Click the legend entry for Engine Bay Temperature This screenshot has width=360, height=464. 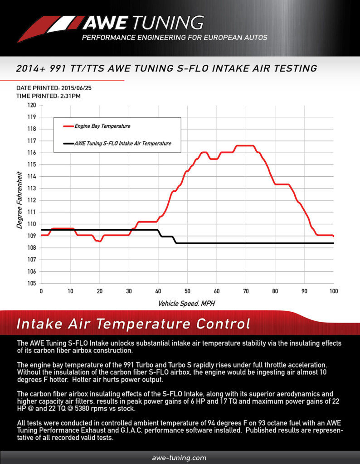coord(97,126)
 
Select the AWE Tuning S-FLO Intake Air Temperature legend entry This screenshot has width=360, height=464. coord(117,144)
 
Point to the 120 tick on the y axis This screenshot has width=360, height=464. coord(32,105)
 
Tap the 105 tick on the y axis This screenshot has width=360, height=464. coord(32,284)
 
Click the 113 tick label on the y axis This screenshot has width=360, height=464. coord(32,188)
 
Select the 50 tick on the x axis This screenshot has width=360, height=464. coord(187,291)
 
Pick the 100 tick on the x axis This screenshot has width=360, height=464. coord(334,291)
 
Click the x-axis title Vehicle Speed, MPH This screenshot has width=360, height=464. coord(186,304)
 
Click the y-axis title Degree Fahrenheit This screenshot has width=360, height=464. coord(19,200)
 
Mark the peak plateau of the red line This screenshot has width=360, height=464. coord(245,145)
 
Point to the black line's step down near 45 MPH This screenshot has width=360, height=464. coord(175,240)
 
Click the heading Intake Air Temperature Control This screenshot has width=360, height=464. coord(133,324)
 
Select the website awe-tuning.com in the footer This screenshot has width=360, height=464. coord(180,458)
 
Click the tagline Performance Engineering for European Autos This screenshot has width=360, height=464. coord(175,38)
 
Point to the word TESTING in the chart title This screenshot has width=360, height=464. coord(295,68)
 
